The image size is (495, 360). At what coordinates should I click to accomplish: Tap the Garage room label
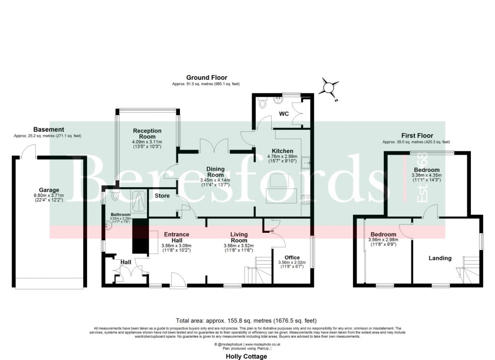(49, 190)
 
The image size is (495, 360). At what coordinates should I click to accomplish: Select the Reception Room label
(147, 134)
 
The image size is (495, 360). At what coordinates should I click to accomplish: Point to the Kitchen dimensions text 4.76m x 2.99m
(283, 156)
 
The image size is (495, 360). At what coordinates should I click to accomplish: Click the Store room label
(162, 196)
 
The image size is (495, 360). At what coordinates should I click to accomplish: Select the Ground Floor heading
(206, 77)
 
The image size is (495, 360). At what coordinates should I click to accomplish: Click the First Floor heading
(416, 135)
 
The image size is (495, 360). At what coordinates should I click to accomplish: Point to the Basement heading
(48, 129)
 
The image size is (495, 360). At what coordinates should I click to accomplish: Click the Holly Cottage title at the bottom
(247, 357)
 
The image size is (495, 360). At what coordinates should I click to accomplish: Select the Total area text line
(247, 320)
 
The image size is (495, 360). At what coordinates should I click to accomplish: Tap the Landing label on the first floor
(440, 258)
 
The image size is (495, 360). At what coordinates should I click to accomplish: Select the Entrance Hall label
(176, 237)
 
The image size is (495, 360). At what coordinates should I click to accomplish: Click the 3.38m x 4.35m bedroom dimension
(426, 175)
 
